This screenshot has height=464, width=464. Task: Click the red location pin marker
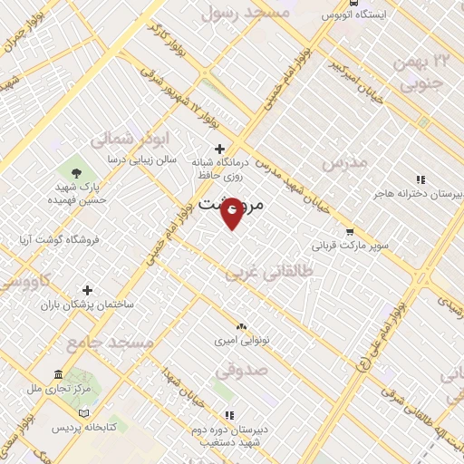click(x=232, y=214)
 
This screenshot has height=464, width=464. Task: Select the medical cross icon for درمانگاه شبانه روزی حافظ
click(x=218, y=149)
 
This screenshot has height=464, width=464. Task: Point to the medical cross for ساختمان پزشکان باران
click(x=87, y=290)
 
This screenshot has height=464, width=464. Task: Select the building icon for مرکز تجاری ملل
click(x=58, y=375)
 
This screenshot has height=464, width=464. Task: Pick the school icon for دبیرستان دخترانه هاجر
click(x=419, y=179)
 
